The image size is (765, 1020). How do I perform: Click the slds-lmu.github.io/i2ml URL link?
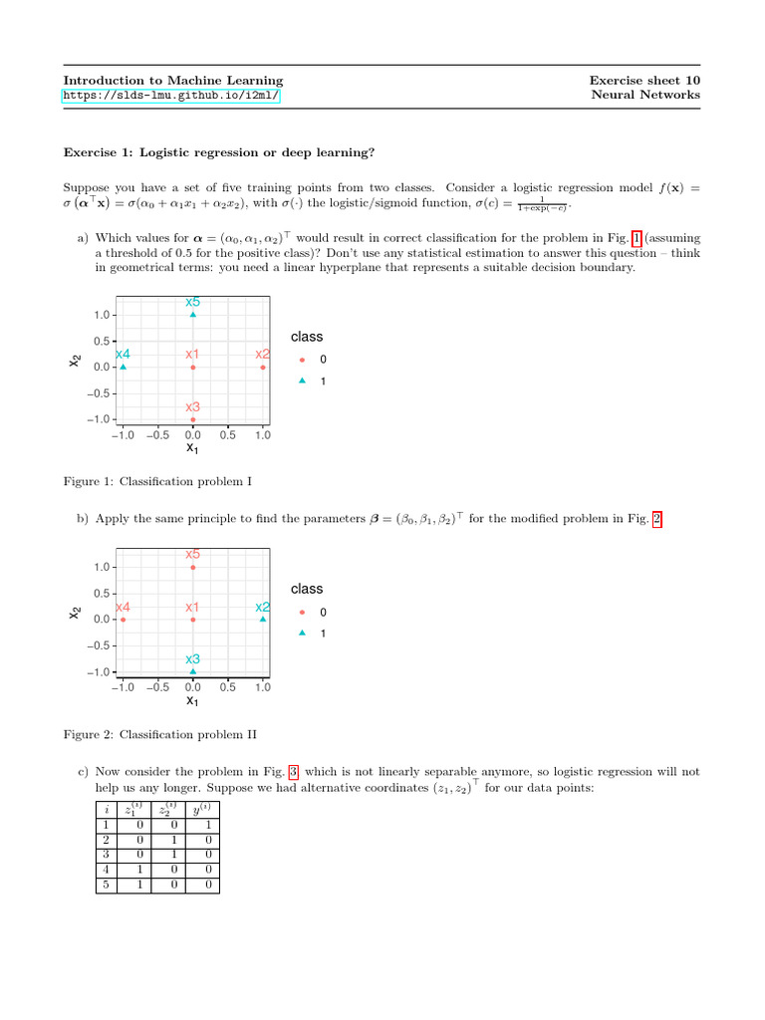(171, 96)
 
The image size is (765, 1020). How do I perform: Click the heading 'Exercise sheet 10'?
(643, 80)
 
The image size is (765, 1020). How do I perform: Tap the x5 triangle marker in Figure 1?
(192, 315)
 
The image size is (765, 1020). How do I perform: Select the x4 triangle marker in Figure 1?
(123, 368)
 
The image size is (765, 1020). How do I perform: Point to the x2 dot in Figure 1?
(263, 368)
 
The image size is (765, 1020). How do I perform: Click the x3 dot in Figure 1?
(192, 419)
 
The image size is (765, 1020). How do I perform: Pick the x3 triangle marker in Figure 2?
(192, 671)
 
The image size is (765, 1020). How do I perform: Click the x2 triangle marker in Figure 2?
(263, 620)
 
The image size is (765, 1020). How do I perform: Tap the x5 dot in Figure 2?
(192, 568)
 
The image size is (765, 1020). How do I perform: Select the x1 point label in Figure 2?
(192, 607)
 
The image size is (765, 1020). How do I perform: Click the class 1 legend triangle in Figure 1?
(302, 381)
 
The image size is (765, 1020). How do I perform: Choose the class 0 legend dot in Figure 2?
(302, 613)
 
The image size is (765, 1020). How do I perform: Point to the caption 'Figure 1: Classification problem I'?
(157, 482)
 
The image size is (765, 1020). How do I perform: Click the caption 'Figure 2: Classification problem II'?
(159, 735)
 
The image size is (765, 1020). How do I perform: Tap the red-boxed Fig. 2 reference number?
(656, 519)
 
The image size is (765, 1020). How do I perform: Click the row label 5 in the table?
(105, 885)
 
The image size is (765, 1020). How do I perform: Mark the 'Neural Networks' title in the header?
(645, 96)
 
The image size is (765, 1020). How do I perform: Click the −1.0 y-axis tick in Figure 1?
(100, 419)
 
